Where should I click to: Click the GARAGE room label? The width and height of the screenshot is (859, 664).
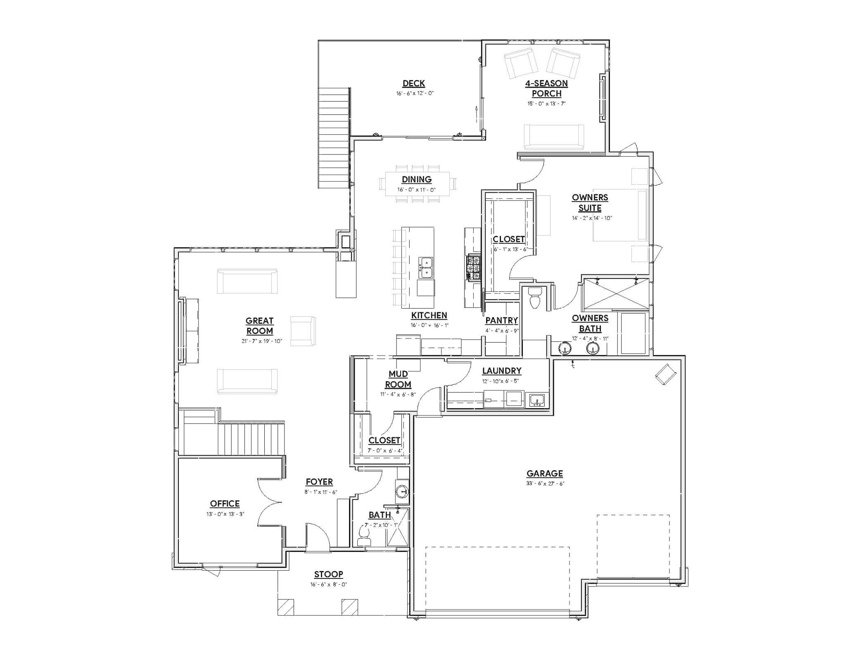coord(544,474)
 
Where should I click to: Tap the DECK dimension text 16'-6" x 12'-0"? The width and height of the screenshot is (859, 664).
coord(415,93)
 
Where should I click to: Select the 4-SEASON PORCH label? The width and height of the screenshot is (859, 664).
coord(546,88)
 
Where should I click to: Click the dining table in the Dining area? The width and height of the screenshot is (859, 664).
coord(417,184)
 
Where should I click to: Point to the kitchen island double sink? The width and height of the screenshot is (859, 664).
coord(425,267)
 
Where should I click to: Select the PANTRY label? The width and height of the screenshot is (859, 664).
coord(501,320)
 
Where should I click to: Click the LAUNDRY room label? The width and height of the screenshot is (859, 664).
coord(501,371)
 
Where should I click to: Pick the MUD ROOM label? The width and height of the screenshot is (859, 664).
coord(398,379)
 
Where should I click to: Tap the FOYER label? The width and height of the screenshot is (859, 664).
coord(319,482)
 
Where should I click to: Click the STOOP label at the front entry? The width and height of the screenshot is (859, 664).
coord(328,574)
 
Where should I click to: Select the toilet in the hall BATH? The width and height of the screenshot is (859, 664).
coord(365,535)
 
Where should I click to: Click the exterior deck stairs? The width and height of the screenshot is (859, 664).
coord(334,138)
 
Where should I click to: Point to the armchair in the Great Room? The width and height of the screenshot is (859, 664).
coord(302,331)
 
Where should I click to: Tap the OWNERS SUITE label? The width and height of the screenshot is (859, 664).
coord(590,202)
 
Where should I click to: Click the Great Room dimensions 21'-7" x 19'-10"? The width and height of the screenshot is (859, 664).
coord(262,341)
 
